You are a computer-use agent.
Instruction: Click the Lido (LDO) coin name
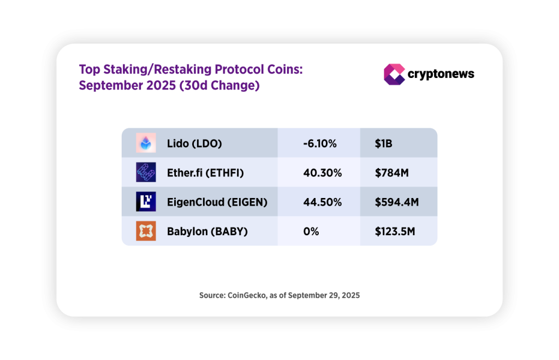pyautogui.click(x=194, y=143)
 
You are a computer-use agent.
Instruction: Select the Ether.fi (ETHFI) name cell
pyautogui.click(x=205, y=173)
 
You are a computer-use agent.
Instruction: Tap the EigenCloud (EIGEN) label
pyautogui.click(x=217, y=202)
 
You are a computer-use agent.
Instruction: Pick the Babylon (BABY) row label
pyautogui.click(x=207, y=231)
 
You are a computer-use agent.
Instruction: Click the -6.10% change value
pyautogui.click(x=320, y=143)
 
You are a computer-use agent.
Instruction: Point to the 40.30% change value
pyautogui.click(x=322, y=173)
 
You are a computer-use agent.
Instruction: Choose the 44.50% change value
pyautogui.click(x=322, y=202)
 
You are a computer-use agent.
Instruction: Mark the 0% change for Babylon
pyautogui.click(x=311, y=231)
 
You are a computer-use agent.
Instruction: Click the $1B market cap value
pyautogui.click(x=383, y=143)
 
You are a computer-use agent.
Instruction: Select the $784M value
pyautogui.click(x=391, y=173)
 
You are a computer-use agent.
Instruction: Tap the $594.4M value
pyautogui.click(x=396, y=202)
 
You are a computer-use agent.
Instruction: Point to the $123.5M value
pyautogui.click(x=395, y=231)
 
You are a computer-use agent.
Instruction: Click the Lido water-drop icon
pyautogui.click(x=146, y=143)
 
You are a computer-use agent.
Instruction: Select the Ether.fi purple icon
pyautogui.click(x=146, y=172)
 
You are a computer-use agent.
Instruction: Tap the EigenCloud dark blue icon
pyautogui.click(x=146, y=201)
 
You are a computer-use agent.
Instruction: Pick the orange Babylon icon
pyautogui.click(x=146, y=231)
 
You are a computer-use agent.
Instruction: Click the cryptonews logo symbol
pyautogui.click(x=394, y=74)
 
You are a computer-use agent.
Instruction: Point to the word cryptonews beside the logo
pyautogui.click(x=441, y=74)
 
